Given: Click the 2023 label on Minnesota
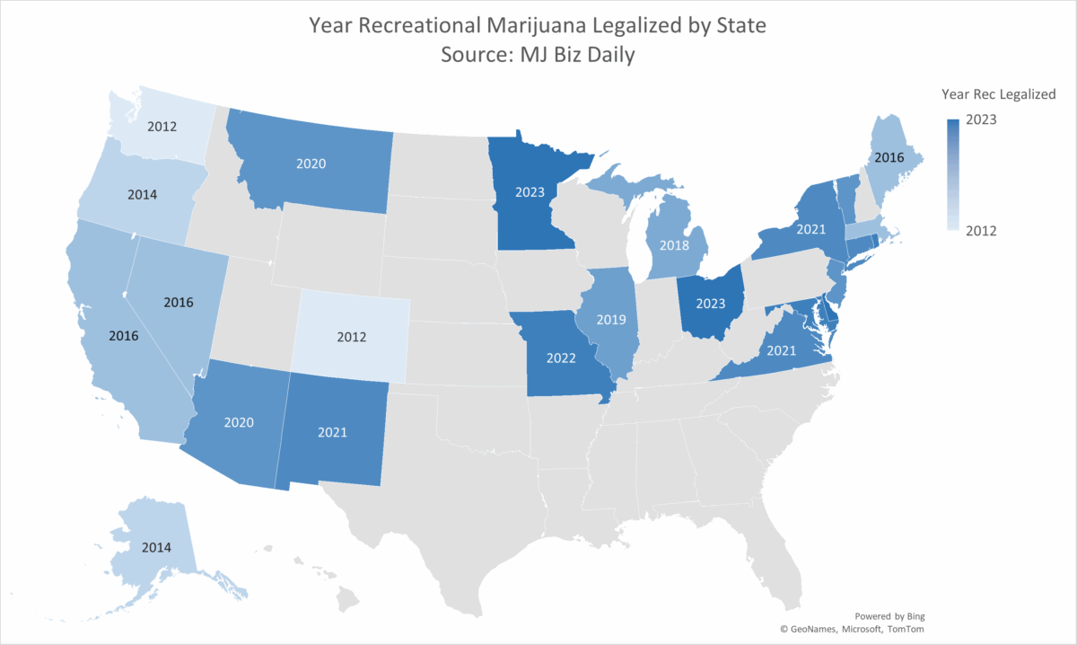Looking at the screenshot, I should point(530,191).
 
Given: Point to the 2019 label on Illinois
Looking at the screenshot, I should point(612,319).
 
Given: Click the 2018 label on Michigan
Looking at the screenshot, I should point(674,244).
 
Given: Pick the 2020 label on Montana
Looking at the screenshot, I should point(311,164).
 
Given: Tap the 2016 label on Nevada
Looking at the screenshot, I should point(178,303).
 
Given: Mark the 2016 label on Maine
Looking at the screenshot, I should point(889,157).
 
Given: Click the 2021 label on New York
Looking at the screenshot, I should point(810,230).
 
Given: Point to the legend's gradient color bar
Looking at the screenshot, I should point(953,175).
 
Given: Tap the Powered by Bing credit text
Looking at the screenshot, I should point(889,616).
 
